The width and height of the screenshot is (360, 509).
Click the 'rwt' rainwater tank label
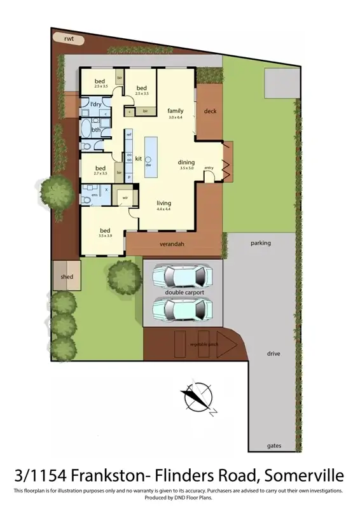[x=69, y=39]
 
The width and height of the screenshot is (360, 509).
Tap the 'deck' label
[x=210, y=111]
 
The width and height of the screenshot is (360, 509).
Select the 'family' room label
[x=176, y=111]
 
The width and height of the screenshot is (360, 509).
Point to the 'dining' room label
[x=186, y=162]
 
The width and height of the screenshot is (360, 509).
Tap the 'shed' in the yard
[x=67, y=277]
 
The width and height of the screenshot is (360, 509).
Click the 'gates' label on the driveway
[x=274, y=446]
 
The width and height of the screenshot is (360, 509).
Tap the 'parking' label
[x=261, y=243]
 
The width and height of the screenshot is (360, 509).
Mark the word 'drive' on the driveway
[x=274, y=353]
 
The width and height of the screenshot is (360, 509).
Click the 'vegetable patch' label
[x=204, y=344]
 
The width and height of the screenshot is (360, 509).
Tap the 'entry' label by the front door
[x=209, y=168]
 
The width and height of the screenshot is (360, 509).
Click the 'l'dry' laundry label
[x=95, y=104]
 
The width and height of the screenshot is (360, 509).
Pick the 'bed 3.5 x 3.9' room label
[x=106, y=231]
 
